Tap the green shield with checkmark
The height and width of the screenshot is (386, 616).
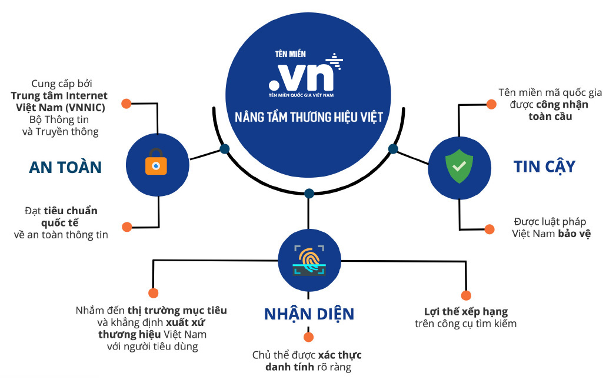tap(459, 167)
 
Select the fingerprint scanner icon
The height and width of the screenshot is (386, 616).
tap(309, 260)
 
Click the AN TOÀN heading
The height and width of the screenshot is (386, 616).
tap(65, 167)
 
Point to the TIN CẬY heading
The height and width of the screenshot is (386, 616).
tap(544, 167)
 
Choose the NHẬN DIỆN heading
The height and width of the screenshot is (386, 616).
tap(309, 314)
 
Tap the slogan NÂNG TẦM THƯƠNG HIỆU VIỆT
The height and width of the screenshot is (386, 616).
tap(309, 117)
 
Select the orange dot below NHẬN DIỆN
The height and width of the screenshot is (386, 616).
tap(309, 337)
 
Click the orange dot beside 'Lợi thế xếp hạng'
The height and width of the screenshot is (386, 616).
tap(466, 295)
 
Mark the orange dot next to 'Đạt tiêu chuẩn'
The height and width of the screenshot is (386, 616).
tap(127, 227)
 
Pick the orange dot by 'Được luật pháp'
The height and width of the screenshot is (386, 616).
tap(490, 229)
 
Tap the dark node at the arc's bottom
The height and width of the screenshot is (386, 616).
tap(309, 194)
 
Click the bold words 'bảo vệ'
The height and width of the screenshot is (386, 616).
tap(574, 234)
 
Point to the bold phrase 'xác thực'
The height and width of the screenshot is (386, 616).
tap(340, 355)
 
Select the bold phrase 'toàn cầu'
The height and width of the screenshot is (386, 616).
tap(550, 117)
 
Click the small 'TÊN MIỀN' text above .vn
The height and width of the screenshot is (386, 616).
tap(290, 54)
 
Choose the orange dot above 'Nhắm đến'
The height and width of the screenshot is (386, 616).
tap(153, 293)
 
